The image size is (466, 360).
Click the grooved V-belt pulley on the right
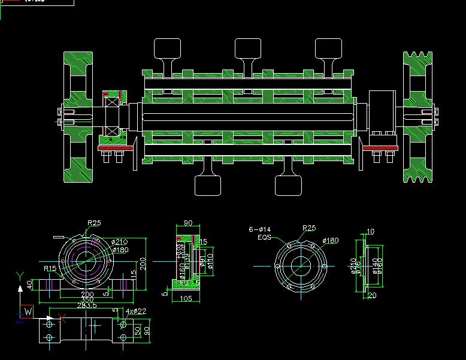pyautogui.click(x=417, y=117)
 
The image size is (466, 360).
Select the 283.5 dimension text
pyautogui.click(x=87, y=305)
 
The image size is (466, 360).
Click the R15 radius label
pyautogui.click(x=50, y=268)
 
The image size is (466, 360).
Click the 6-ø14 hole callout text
pyautogui.click(x=260, y=229)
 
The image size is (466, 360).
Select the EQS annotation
pyautogui.click(x=264, y=237)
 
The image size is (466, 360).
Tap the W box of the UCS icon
pyautogui.click(x=27, y=311)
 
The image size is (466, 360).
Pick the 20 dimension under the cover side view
pyautogui.click(x=371, y=295)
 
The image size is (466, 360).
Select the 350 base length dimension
pyautogui.click(x=87, y=300)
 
